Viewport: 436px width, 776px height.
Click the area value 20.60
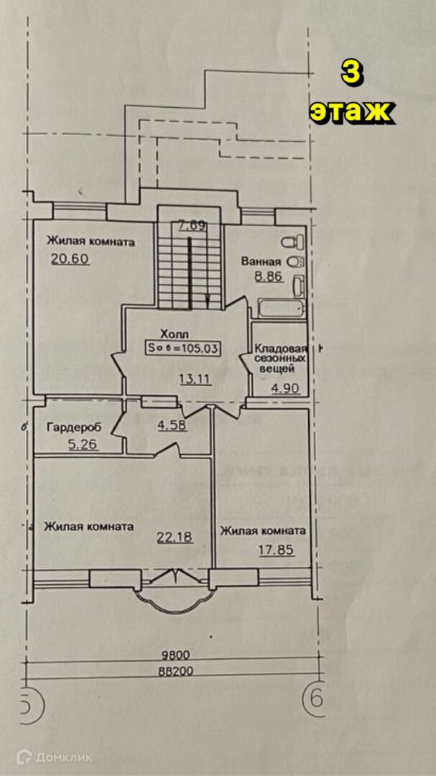tap(70, 259)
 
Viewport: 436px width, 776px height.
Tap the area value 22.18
tap(174, 536)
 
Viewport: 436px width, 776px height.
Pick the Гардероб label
tap(74, 428)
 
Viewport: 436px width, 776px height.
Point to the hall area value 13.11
tap(195, 380)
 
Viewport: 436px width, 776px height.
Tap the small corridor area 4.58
tap(172, 425)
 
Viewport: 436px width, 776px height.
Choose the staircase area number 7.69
tap(193, 226)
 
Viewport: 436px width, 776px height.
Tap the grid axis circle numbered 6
tap(316, 698)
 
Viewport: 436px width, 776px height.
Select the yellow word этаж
tap(351, 111)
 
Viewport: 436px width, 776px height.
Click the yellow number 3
tap(350, 75)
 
